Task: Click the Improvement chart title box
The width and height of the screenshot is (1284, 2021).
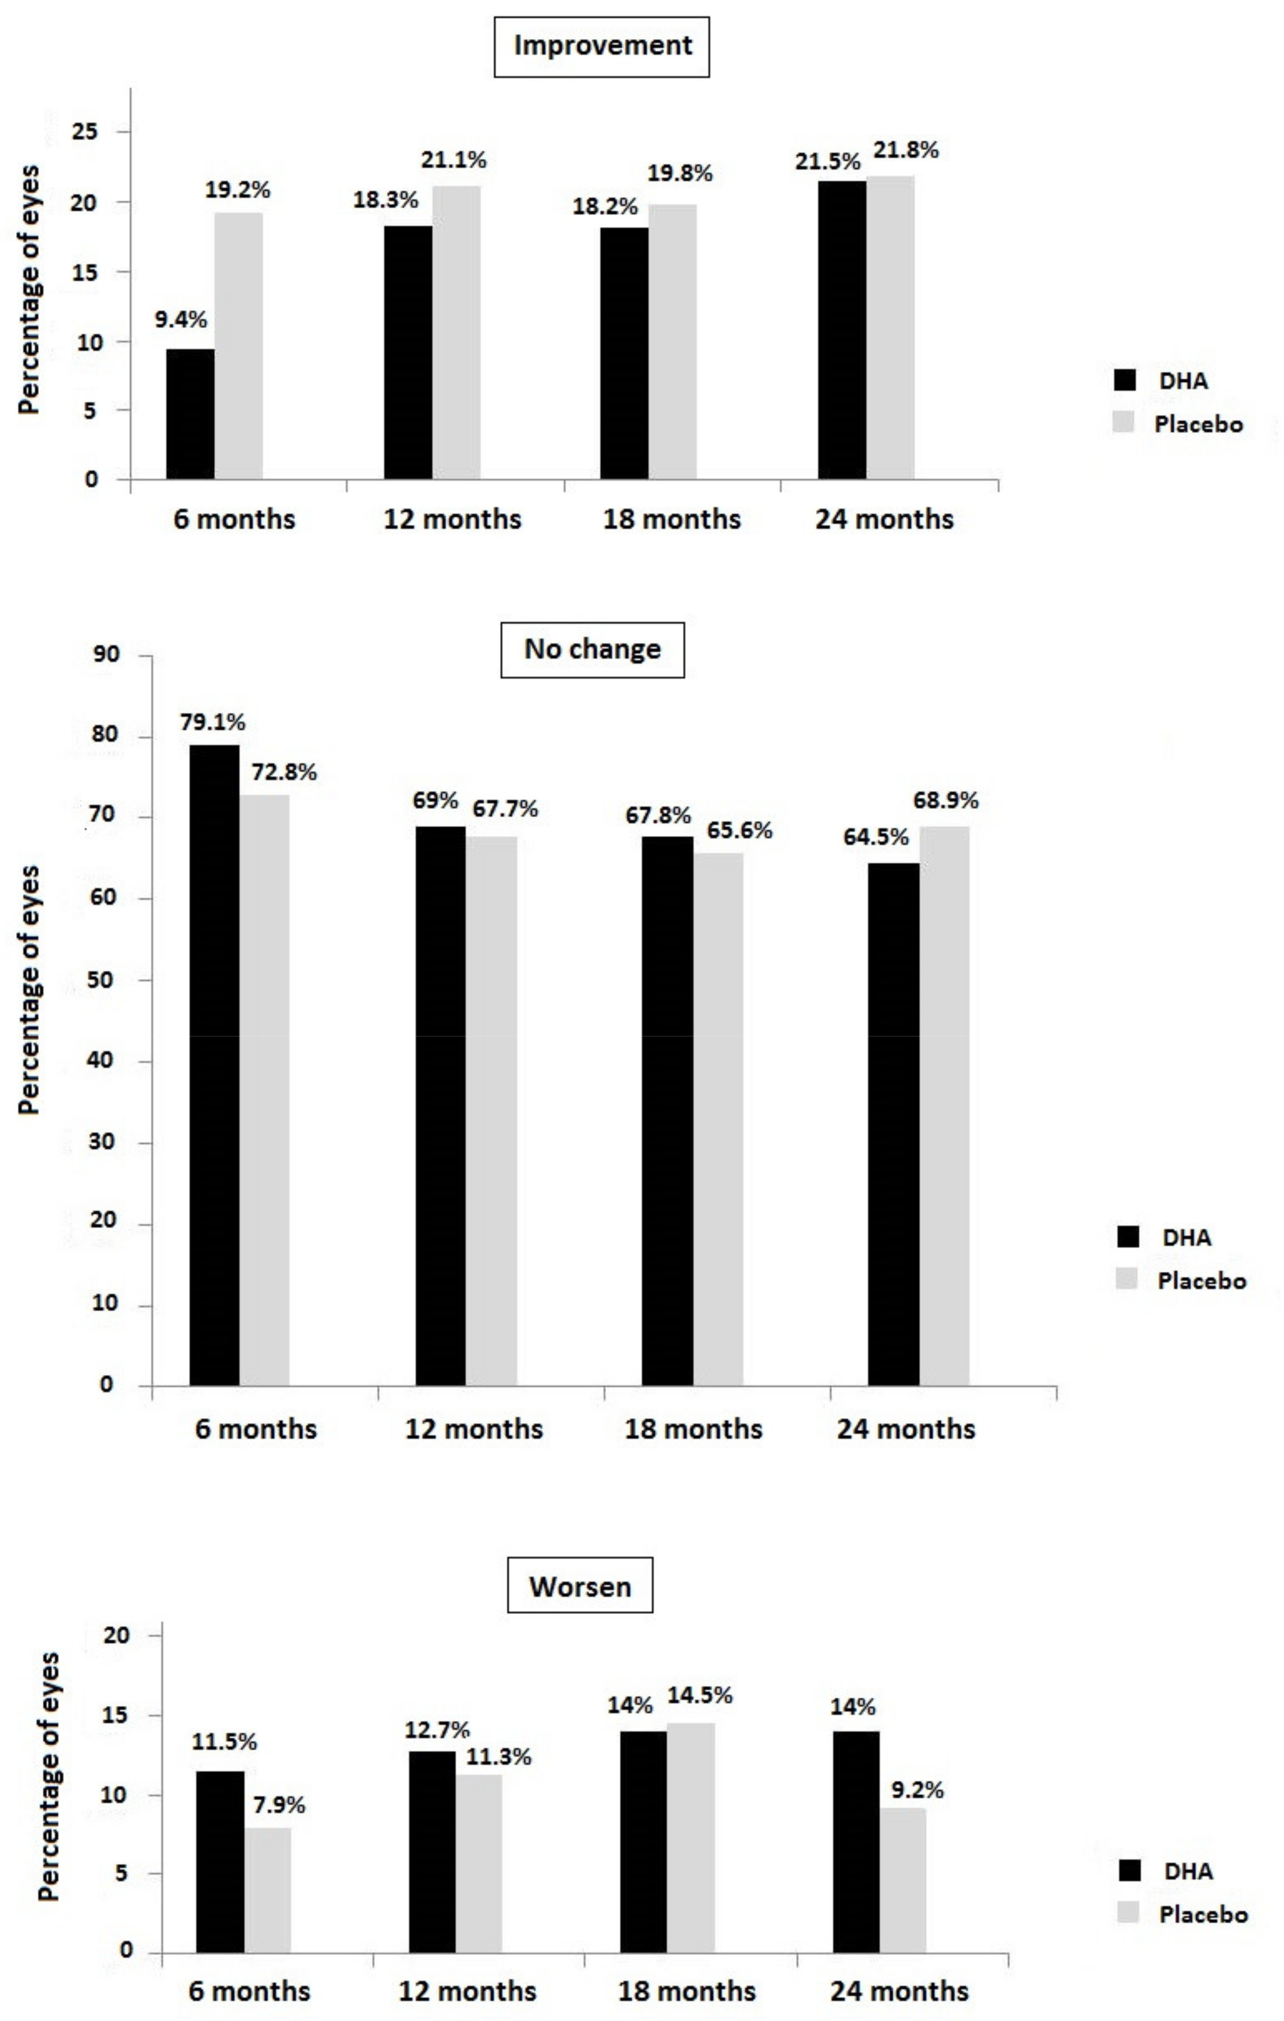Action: (602, 47)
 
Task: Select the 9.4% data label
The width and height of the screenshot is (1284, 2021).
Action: (180, 320)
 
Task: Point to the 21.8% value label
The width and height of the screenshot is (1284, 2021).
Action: (906, 150)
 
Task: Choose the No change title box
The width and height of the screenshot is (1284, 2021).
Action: (593, 650)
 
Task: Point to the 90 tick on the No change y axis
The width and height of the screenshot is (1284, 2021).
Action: (106, 655)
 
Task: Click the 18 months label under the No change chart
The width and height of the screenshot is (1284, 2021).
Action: (693, 1429)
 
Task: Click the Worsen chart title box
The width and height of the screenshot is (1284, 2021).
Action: (580, 1587)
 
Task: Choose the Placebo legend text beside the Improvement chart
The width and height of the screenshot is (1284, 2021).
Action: (1198, 425)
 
